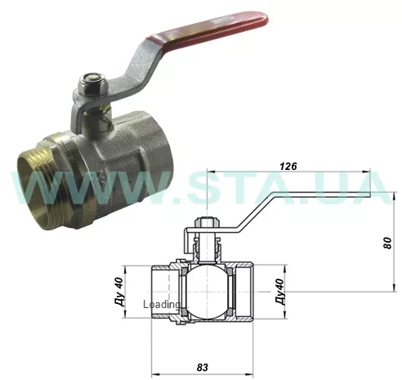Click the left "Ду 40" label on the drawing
click(117, 291)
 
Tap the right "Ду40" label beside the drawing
click(279, 292)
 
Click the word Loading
click(161, 305)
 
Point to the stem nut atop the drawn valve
click(205, 222)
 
